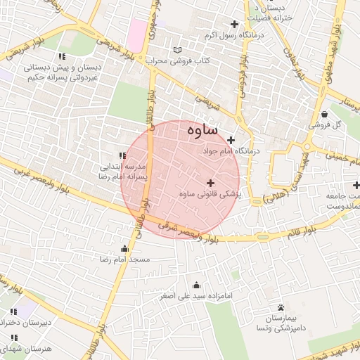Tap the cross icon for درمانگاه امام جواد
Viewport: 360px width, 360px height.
[231, 141]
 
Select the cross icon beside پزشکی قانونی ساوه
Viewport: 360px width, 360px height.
[210, 183]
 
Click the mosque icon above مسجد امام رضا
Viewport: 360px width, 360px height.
[125, 248]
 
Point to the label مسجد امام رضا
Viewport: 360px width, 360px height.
[125, 259]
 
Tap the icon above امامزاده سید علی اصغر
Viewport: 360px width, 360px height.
[196, 285]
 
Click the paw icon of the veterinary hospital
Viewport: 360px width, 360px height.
[281, 308]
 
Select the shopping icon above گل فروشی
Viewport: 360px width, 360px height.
[323, 115]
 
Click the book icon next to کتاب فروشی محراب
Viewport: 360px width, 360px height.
[177, 51]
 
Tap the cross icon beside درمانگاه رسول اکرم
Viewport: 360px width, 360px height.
[235, 25]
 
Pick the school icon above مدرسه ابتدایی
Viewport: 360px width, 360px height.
[122, 155]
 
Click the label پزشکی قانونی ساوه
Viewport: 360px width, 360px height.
[210, 194]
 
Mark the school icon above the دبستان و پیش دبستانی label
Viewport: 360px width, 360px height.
[63, 56]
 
